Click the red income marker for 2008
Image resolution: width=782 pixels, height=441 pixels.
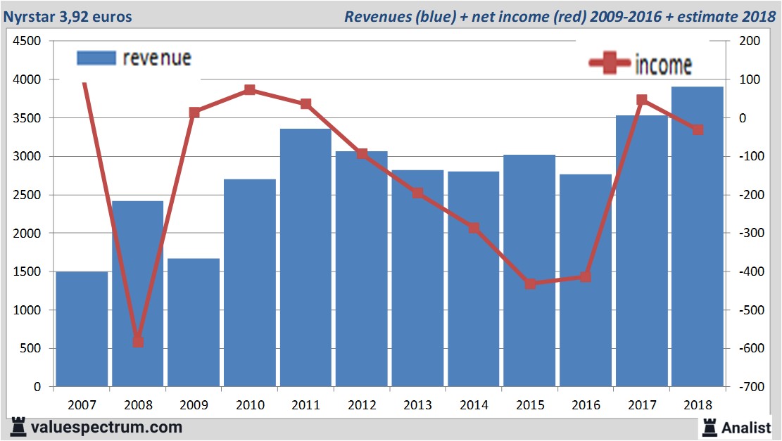pyautogui.click(x=138, y=342)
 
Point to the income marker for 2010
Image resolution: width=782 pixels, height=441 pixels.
pyautogui.click(x=250, y=90)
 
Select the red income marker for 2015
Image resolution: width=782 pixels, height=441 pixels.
pyautogui.click(x=530, y=284)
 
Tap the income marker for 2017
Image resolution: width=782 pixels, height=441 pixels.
pyautogui.click(x=642, y=100)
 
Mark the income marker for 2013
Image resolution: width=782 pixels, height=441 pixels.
pyautogui.click(x=418, y=193)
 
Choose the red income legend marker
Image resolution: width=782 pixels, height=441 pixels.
pyautogui.click(x=610, y=63)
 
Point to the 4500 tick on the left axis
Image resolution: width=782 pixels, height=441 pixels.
pyautogui.click(x=28, y=41)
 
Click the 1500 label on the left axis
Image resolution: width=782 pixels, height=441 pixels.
pyautogui.click(x=28, y=271)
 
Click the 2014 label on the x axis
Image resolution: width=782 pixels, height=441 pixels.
pyautogui.click(x=474, y=405)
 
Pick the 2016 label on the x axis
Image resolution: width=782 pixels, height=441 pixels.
pyautogui.click(x=586, y=405)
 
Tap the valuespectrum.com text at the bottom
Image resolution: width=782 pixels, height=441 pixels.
pyautogui.click(x=106, y=427)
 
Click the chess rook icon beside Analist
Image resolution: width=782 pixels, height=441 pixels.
pyautogui.click(x=710, y=427)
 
